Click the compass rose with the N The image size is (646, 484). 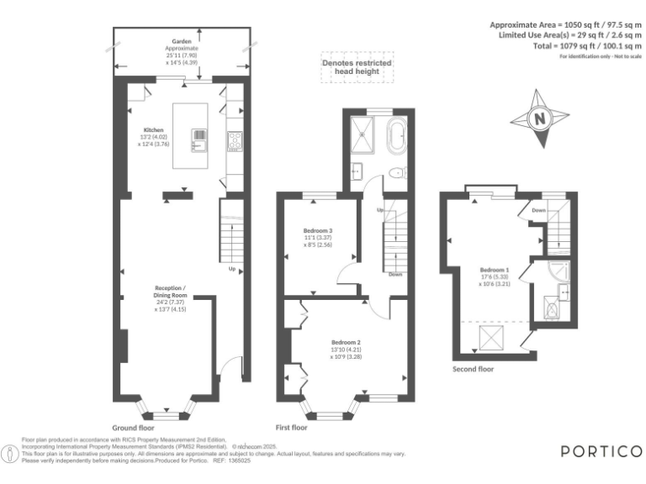(540, 119)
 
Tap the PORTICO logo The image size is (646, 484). (601, 451)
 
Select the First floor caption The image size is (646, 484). (292, 427)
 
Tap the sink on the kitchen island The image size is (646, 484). (199, 139)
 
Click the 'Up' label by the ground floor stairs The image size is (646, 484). (231, 269)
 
